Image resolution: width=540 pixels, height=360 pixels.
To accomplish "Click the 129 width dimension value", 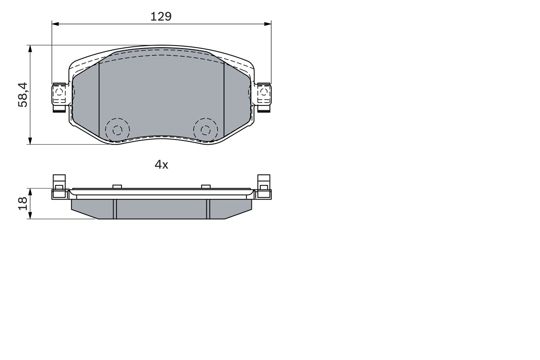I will [161, 16].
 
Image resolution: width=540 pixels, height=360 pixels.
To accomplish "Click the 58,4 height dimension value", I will [23, 95].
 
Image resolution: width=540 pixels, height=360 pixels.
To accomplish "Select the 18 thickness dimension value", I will [23, 203].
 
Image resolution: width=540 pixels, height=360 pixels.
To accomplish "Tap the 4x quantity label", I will [161, 165].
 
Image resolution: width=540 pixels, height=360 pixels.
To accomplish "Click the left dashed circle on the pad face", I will [117, 130].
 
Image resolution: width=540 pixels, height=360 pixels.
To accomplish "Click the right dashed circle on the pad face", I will [205, 130].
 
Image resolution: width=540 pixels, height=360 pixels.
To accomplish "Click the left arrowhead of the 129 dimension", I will [55, 24].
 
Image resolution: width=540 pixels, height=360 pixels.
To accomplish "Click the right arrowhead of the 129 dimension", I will [267, 24].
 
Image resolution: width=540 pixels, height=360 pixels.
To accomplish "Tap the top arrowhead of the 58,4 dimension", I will [30, 49].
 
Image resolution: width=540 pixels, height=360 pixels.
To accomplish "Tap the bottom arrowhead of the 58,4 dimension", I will [30, 141].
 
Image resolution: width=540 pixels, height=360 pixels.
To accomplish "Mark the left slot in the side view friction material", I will [115, 209].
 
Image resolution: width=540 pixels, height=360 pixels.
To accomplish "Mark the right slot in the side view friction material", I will [208, 209].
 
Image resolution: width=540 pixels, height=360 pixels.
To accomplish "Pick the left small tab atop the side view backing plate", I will [117, 187].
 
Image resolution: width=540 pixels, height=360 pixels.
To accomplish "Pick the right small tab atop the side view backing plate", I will [206, 187].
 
